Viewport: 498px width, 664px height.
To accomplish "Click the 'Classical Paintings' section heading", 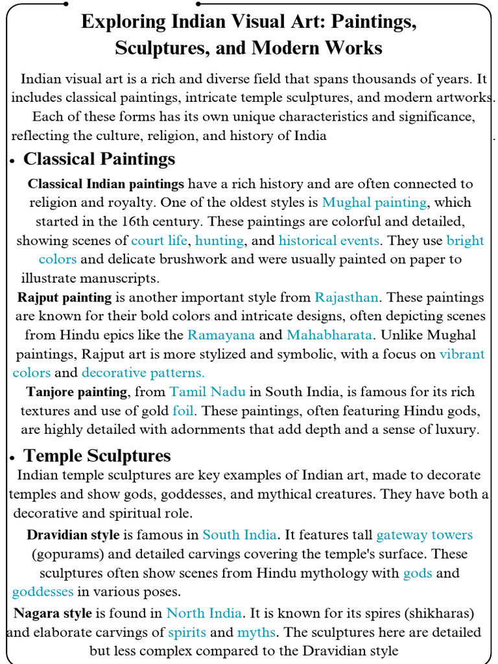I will (99, 159).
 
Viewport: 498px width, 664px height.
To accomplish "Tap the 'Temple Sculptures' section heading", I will (97, 455).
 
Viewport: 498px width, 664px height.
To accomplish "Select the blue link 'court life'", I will (159, 241).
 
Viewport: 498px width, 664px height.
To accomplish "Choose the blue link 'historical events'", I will (329, 241).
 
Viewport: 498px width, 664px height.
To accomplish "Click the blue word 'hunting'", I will (219, 241).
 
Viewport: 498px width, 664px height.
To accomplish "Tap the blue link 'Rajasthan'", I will (346, 298).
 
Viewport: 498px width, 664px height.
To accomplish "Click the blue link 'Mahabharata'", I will (329, 335).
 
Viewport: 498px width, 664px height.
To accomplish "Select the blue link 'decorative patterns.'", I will (143, 373).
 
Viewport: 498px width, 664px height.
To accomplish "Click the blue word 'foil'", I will (184, 410).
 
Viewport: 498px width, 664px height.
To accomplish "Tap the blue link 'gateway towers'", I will (424, 535).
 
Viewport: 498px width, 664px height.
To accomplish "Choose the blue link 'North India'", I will (204, 613).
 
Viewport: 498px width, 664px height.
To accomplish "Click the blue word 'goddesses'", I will (43, 592).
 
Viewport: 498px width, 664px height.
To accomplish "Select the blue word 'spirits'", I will (187, 632).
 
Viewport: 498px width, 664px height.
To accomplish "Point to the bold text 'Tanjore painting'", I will (77, 392).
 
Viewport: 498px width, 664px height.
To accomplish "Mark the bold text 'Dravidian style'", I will (73, 535).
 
